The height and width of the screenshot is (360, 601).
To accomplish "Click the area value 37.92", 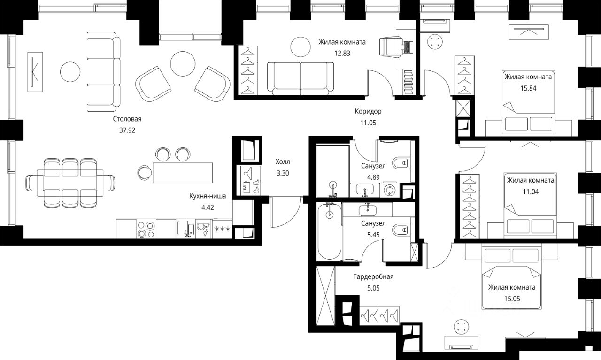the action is pyautogui.click(x=127, y=130).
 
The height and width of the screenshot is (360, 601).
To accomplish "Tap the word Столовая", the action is pyautogui.click(x=127, y=119).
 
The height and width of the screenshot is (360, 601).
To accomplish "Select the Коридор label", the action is pyautogui.click(x=368, y=112).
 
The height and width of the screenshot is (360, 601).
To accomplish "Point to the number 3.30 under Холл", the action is pyautogui.click(x=283, y=173).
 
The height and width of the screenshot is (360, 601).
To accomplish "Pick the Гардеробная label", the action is pyautogui.click(x=373, y=276).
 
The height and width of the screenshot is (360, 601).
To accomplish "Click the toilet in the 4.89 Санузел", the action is pyautogui.click(x=401, y=163).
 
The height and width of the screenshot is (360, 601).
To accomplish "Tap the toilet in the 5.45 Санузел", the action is pyautogui.click(x=401, y=230).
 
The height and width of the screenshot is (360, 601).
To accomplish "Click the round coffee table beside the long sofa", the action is pyautogui.click(x=70, y=71).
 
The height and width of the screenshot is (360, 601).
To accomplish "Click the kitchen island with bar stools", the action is pyautogui.click(x=182, y=172).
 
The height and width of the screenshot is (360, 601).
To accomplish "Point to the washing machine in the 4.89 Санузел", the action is pyautogui.click(x=389, y=190).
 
